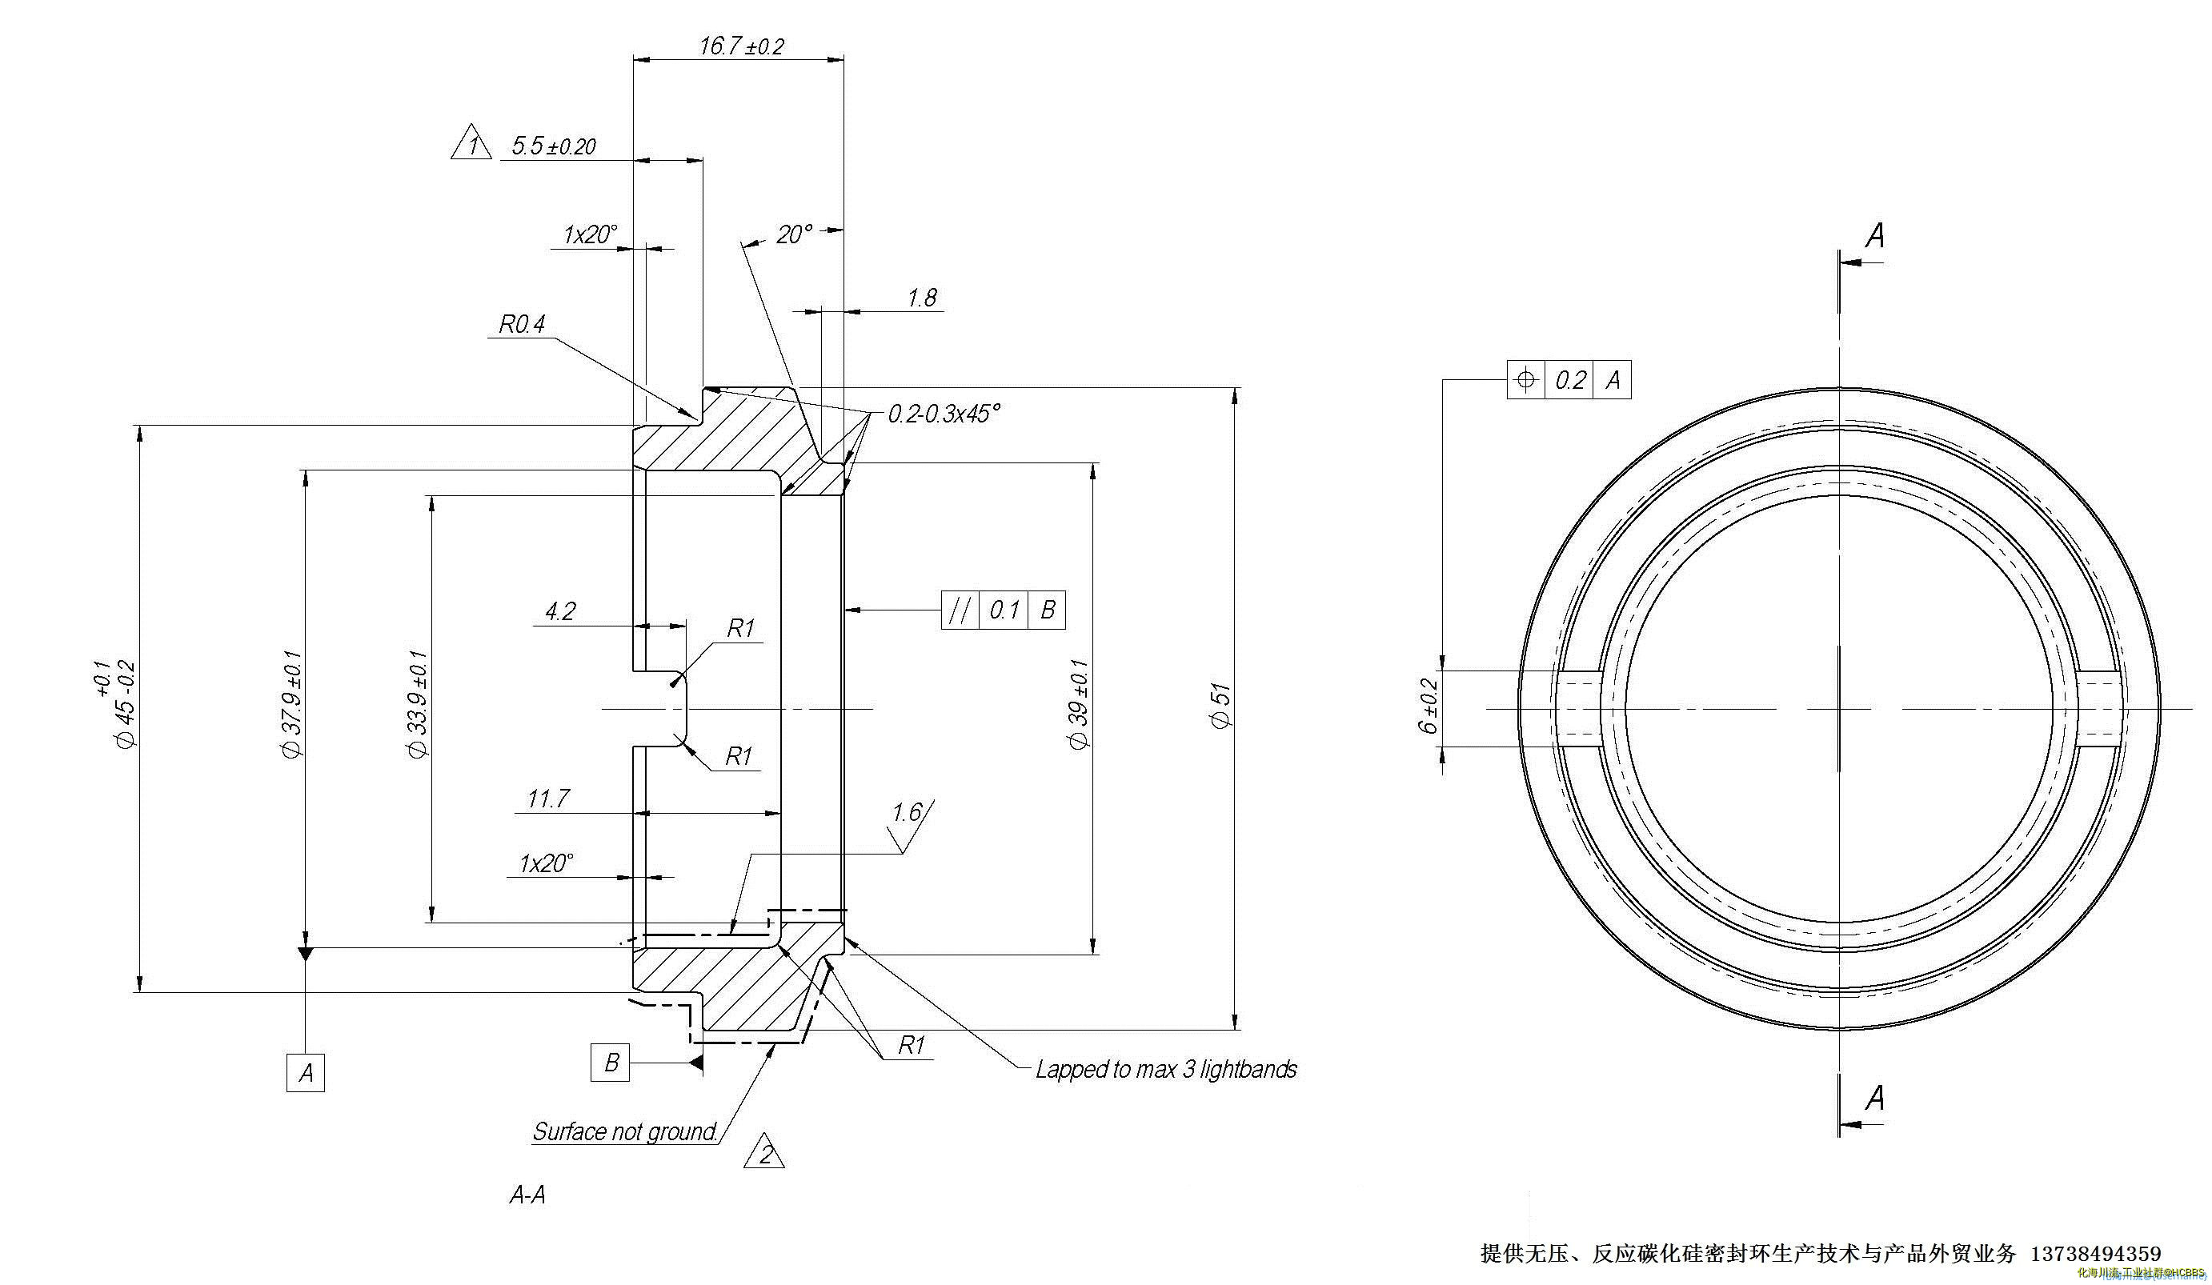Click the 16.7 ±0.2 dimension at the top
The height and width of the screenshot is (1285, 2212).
(x=741, y=46)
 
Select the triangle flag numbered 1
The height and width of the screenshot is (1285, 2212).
(x=471, y=144)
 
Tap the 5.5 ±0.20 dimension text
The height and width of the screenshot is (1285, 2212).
(x=553, y=146)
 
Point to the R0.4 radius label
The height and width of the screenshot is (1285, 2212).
(x=522, y=325)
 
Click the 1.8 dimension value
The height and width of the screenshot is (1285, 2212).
(x=922, y=298)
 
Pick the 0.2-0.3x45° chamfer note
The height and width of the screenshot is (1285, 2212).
(x=944, y=414)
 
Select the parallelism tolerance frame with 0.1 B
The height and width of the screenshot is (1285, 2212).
(x=1004, y=610)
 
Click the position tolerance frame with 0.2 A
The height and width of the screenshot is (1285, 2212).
(x=1569, y=380)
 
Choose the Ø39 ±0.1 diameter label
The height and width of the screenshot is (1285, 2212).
(x=1079, y=705)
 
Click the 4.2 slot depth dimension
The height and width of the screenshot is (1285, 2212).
(x=560, y=612)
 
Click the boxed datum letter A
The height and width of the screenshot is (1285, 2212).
(x=306, y=1073)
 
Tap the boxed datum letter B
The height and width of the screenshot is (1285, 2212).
(x=611, y=1063)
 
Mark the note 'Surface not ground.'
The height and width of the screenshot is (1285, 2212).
(x=626, y=1132)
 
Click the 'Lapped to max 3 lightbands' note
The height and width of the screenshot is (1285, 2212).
(x=1166, y=1070)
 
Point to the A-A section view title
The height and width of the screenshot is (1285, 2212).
(x=527, y=1195)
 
